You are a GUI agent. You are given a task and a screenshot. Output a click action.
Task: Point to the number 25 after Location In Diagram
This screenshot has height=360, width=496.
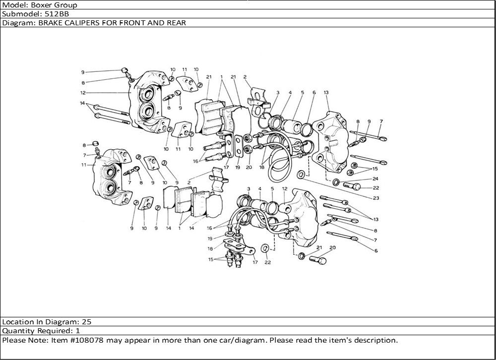(87, 322)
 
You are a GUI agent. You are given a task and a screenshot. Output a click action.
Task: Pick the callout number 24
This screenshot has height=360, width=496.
(375, 179)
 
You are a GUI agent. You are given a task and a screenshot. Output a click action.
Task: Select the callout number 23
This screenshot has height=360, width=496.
(376, 198)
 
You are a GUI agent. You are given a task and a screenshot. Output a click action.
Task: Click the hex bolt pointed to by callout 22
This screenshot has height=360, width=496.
(352, 185)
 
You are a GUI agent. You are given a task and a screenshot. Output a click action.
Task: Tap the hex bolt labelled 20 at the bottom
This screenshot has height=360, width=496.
(318, 260)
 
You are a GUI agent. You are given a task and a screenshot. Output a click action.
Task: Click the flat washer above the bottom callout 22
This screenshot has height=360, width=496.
(265, 248)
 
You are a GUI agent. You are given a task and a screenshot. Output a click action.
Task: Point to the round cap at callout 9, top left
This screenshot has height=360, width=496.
(124, 70)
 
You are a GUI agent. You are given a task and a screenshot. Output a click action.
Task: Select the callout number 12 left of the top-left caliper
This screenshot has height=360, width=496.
(83, 93)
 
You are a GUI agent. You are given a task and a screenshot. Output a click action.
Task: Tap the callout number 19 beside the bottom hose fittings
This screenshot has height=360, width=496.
(210, 239)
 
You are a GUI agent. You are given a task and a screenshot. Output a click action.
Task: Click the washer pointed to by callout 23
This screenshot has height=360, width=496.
(301, 175)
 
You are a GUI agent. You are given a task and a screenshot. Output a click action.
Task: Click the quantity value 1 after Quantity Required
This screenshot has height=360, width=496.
(78, 331)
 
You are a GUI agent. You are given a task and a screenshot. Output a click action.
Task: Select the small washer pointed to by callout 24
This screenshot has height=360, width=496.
(336, 182)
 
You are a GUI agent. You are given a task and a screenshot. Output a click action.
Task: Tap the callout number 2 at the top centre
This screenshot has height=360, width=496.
(245, 77)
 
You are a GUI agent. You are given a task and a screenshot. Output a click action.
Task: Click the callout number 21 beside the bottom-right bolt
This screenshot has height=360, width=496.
(319, 248)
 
